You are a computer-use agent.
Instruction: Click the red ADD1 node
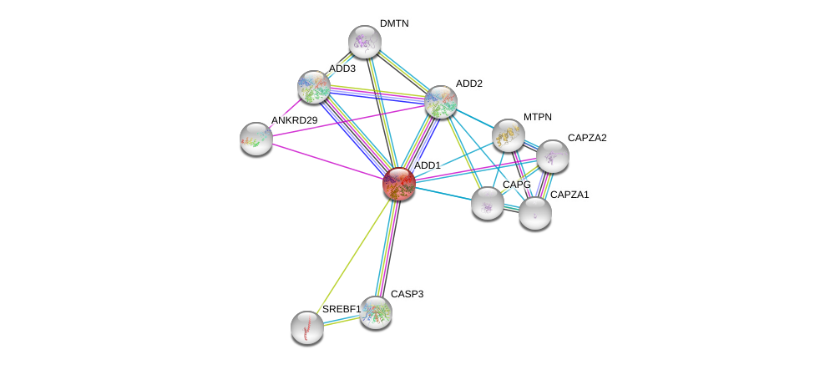[399, 184]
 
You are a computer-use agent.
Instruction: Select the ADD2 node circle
[440, 102]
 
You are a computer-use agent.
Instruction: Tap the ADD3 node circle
[314, 87]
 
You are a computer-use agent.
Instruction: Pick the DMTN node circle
[365, 42]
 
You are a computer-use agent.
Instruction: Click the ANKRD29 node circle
[256, 139]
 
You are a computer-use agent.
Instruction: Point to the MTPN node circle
[508, 135]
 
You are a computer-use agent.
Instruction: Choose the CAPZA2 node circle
[552, 155]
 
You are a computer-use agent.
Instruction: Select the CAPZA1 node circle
[534, 212]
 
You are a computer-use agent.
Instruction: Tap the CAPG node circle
[488, 202]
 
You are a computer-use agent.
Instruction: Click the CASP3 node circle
[376, 312]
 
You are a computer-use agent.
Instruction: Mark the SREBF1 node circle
[307, 327]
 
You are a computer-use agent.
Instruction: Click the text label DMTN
[394, 23]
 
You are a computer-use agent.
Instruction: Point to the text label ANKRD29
[294, 120]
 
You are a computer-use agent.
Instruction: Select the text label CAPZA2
[587, 138]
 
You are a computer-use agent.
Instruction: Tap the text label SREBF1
[342, 309]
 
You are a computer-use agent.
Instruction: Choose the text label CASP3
[407, 294]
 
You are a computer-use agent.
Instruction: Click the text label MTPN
[538, 117]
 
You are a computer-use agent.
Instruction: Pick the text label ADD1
[428, 165]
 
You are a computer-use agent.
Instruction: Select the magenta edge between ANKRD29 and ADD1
[326, 160]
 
